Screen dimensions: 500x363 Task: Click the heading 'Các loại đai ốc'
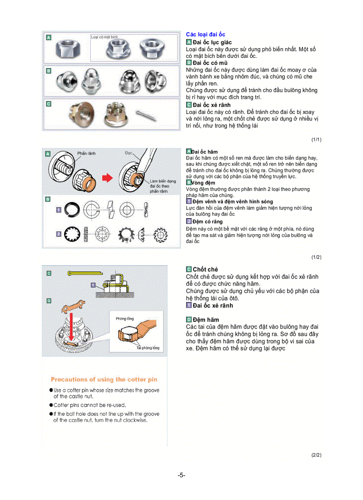click(206, 34)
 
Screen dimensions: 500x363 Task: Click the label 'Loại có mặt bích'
click(105, 37)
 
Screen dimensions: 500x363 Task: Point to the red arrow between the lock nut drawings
click(107, 178)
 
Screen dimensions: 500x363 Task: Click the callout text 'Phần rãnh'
click(86, 153)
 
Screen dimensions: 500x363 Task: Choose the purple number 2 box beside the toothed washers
click(58, 233)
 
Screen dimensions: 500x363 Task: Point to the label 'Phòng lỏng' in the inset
click(125, 319)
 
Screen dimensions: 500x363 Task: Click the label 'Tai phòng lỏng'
click(148, 348)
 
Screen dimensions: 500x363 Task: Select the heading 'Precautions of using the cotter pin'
click(104, 380)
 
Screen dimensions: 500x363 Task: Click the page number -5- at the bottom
click(181, 475)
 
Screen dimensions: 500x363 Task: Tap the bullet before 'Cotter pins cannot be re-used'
click(51, 405)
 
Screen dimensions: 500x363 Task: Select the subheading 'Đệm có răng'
click(207, 221)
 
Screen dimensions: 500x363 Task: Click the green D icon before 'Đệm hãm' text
click(189, 320)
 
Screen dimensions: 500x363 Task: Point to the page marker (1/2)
click(316, 257)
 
